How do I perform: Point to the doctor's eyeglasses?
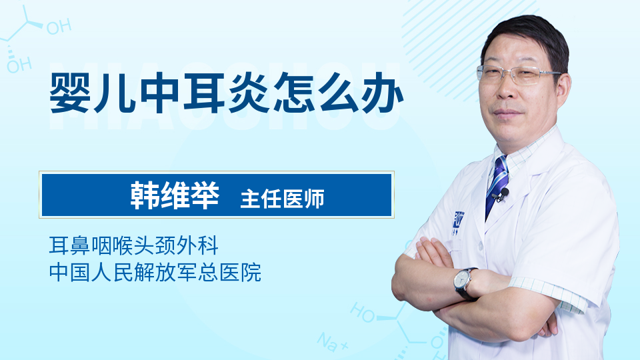click(x=517, y=75)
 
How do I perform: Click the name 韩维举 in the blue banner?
click(x=175, y=195)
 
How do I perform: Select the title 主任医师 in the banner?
click(x=282, y=199)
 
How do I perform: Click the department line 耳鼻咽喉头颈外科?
click(x=133, y=245)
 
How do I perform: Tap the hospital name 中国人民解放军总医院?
click(x=155, y=272)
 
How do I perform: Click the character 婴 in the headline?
click(x=71, y=93)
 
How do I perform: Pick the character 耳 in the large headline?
click(x=204, y=93)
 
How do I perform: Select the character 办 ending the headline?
click(x=382, y=93)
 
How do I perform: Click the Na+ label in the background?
click(x=332, y=342)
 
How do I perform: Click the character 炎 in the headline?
click(x=249, y=93)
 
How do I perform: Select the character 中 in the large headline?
click(x=159, y=93)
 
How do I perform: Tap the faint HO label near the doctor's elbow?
click(x=363, y=313)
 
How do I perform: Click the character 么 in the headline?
click(x=337, y=93)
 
